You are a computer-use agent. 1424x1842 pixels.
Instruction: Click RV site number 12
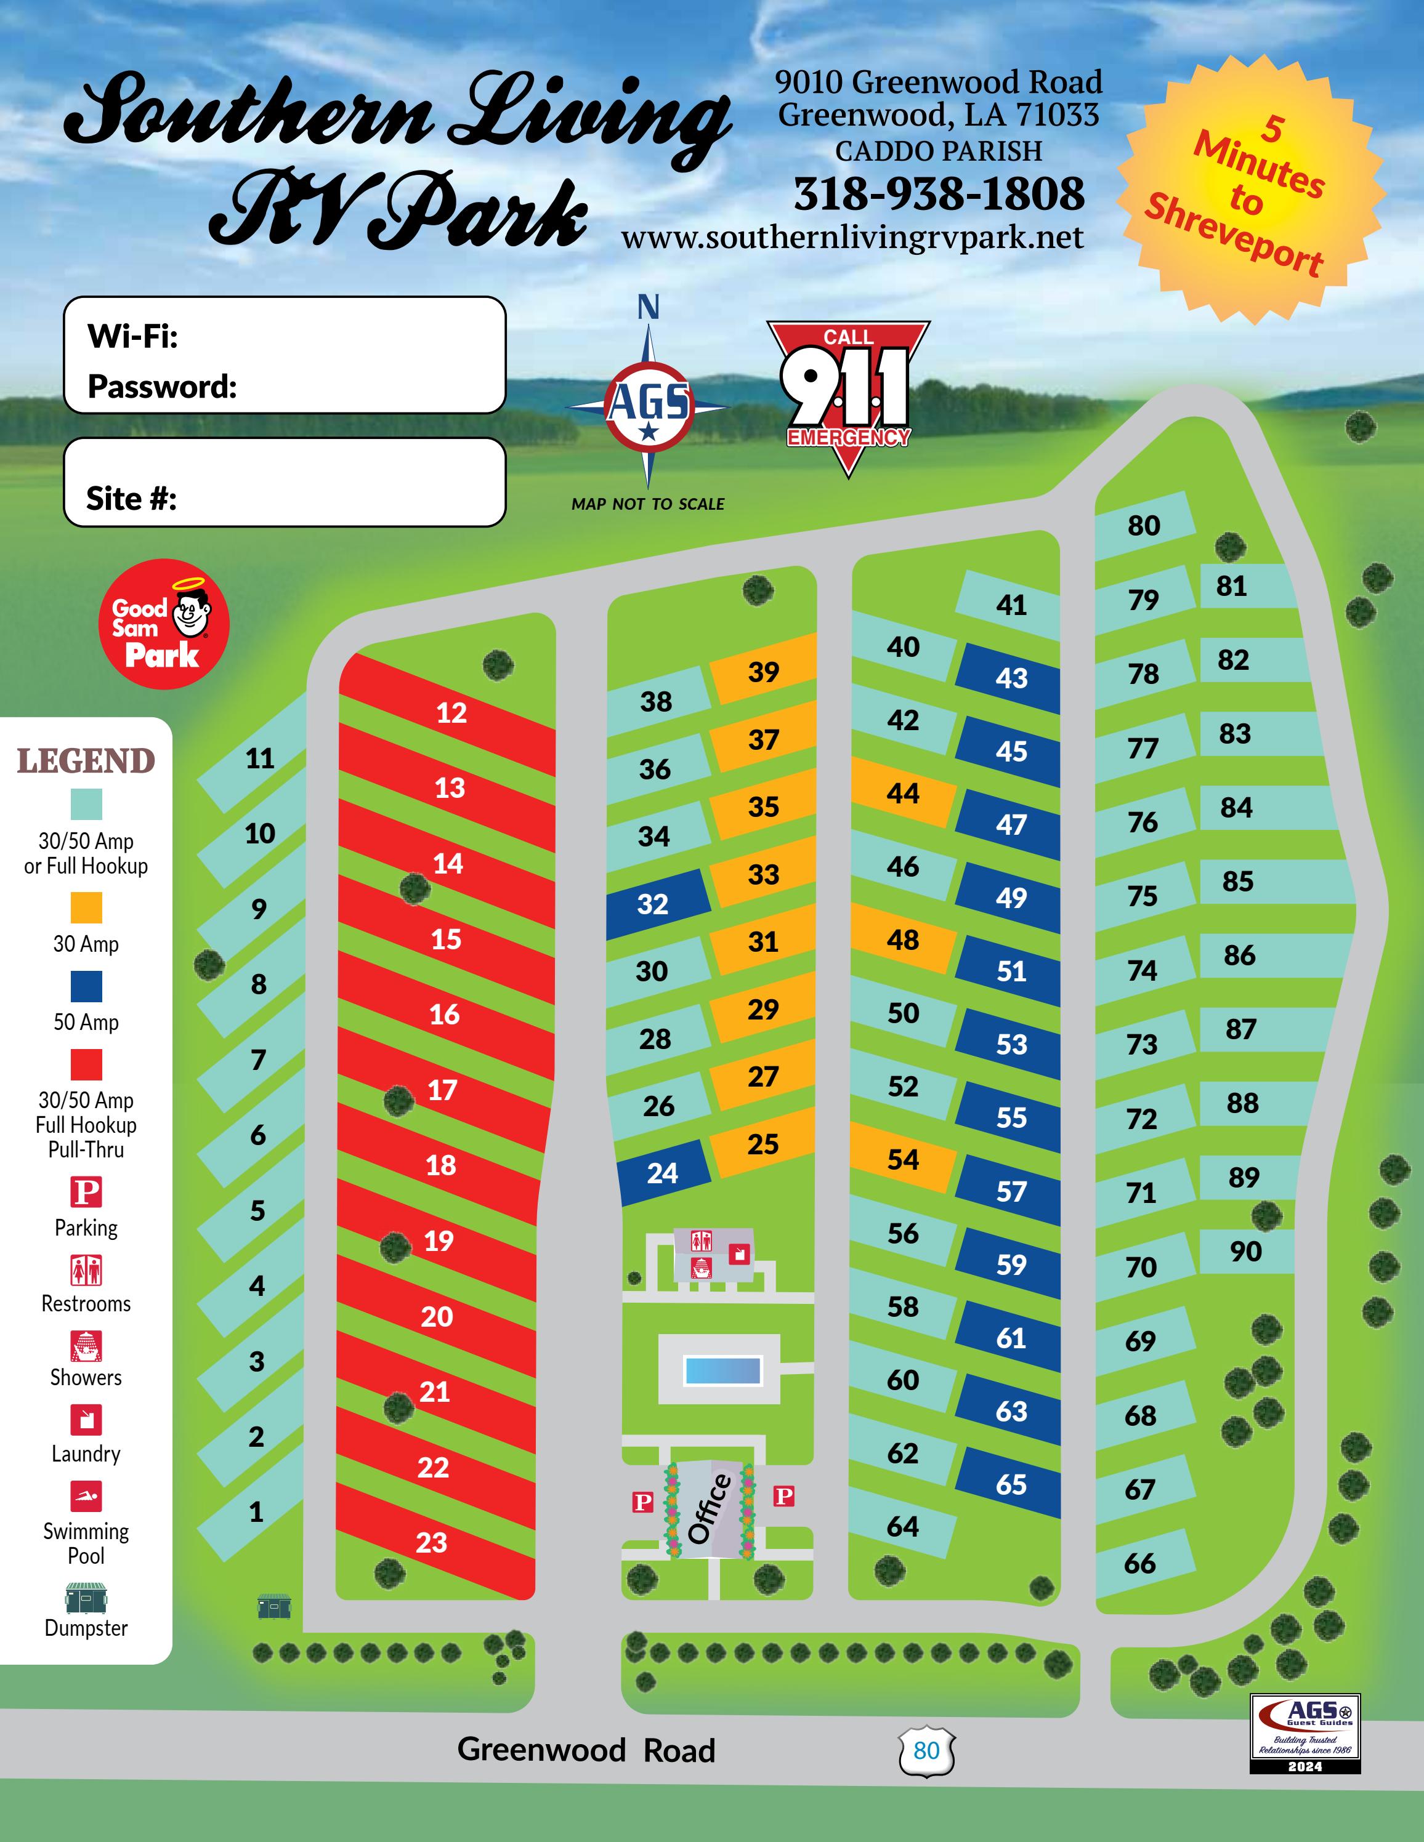(451, 713)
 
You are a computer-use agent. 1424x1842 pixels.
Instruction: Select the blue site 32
(653, 904)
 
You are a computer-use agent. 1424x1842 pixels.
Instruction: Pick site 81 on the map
(1232, 586)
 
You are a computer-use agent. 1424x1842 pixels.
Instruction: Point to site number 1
(256, 1512)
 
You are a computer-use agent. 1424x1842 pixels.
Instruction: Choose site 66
(1139, 1564)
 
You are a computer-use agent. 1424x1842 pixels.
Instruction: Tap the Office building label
(710, 1510)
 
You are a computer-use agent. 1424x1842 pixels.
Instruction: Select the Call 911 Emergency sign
(848, 396)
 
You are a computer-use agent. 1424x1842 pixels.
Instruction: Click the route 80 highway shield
(926, 1751)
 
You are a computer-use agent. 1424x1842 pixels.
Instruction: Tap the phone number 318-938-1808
(939, 194)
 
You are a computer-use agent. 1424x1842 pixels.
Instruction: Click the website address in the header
(852, 238)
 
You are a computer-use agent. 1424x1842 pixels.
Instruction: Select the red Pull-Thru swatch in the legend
(86, 1064)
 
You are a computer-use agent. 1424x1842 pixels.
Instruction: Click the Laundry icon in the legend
(86, 1420)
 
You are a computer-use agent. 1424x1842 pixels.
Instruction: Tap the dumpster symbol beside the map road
(273, 1607)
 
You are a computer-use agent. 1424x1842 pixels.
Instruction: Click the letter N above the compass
(648, 308)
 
